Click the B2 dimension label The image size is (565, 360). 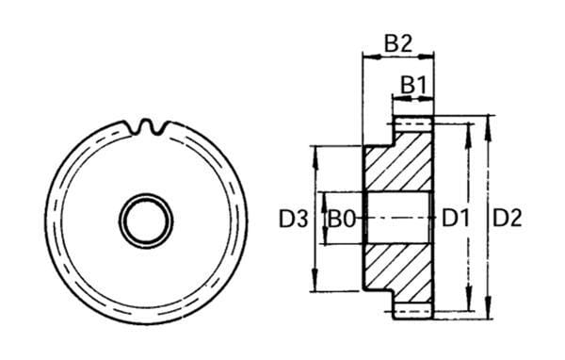(x=397, y=44)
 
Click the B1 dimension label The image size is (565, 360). (x=413, y=86)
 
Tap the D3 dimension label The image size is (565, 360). (x=294, y=219)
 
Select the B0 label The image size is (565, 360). (x=342, y=219)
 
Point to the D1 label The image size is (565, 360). (x=456, y=219)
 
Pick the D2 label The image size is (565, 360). (x=507, y=219)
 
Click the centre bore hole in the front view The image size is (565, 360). (x=146, y=221)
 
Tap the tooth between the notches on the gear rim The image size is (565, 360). (x=146, y=124)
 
